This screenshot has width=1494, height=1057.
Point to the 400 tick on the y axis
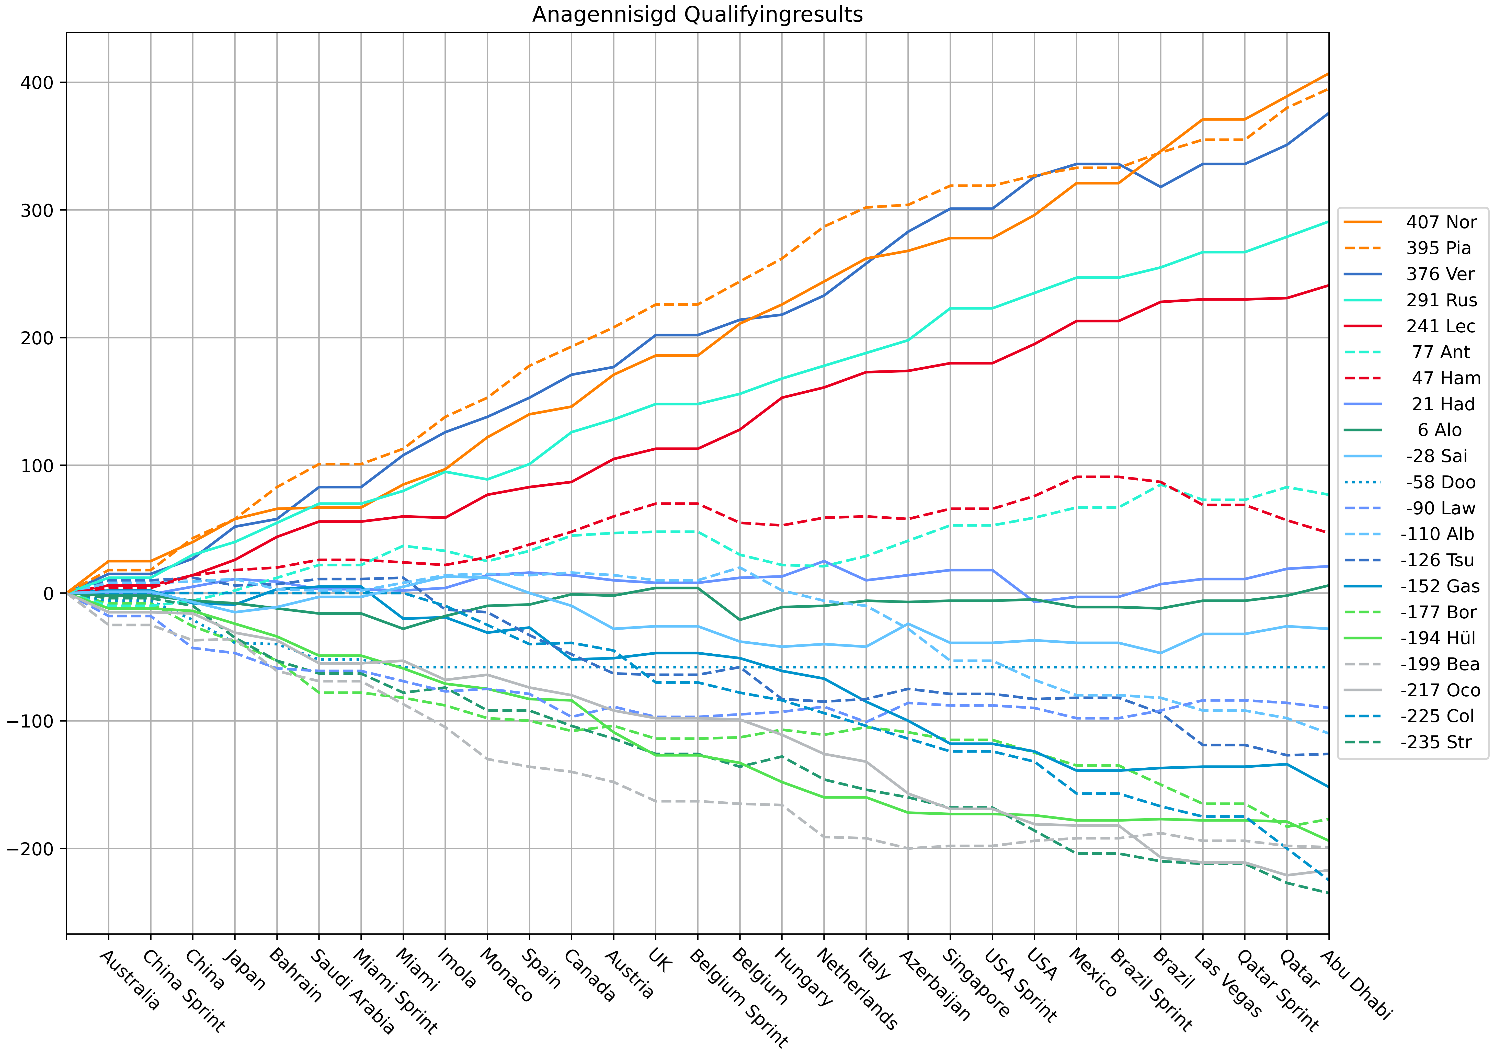(39, 83)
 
